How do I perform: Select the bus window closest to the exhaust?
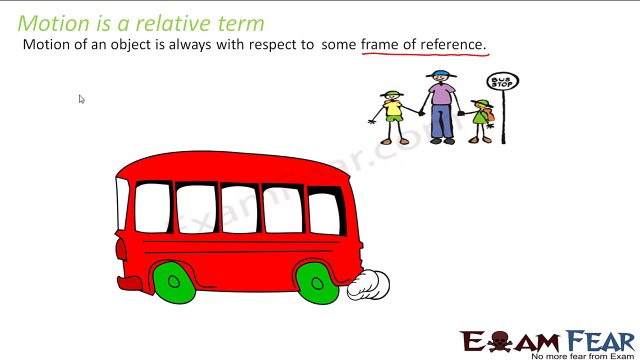[x=323, y=212]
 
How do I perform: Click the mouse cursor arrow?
[x=81, y=99]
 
